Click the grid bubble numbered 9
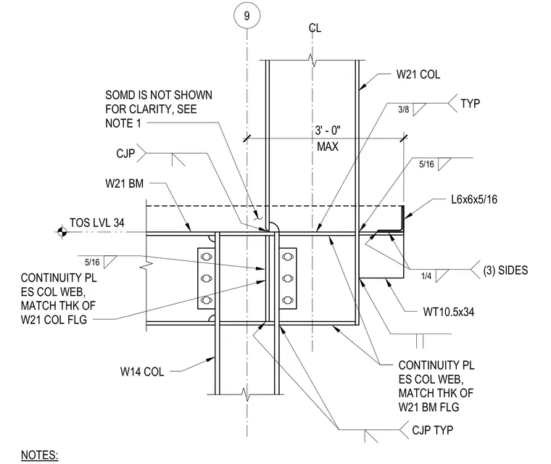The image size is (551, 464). click(x=246, y=16)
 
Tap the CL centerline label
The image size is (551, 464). click(x=315, y=28)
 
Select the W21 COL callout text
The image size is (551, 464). click(x=418, y=75)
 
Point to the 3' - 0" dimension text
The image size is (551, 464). click(x=328, y=130)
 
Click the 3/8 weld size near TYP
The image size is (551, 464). click(x=403, y=109)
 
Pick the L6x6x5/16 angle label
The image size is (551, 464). click(x=474, y=199)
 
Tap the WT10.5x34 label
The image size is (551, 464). click(x=448, y=312)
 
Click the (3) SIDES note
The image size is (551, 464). click(x=505, y=270)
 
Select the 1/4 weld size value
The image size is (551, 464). click(x=426, y=276)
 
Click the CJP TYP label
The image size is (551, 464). click(x=432, y=430)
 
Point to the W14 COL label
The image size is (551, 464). click(x=142, y=371)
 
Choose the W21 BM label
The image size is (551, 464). click(x=125, y=183)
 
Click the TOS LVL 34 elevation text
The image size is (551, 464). click(x=97, y=223)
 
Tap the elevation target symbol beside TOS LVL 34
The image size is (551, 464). click(x=62, y=231)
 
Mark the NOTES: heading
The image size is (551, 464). click(x=39, y=455)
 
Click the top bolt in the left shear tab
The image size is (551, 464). click(x=207, y=257)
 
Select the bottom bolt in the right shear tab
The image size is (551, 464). click(x=288, y=300)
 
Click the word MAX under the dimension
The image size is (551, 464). click(x=328, y=146)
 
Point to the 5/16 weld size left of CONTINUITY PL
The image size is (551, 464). click(x=92, y=262)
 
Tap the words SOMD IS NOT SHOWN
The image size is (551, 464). click(x=159, y=95)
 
